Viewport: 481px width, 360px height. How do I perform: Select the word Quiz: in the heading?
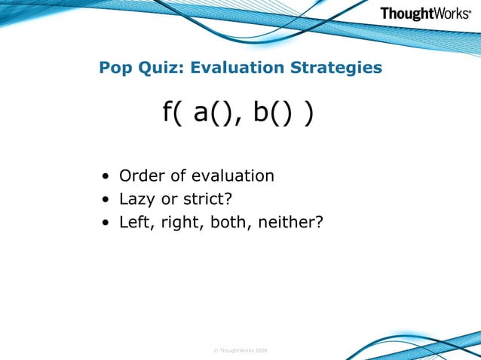(x=161, y=69)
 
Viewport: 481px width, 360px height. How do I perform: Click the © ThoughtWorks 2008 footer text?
(x=240, y=350)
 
